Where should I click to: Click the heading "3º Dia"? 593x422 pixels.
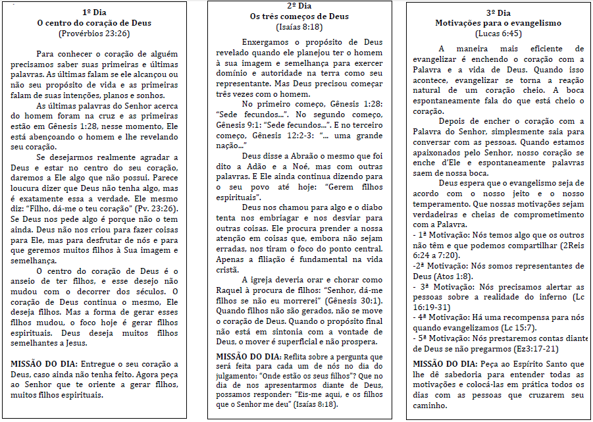coord(498,13)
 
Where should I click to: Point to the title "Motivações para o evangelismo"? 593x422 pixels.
coord(498,23)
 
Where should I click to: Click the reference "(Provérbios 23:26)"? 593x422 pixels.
coord(95,32)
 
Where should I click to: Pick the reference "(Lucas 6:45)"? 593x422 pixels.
coord(498,33)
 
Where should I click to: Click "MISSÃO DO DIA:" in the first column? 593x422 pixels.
coord(44,364)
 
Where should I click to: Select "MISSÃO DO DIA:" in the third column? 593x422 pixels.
coord(445,364)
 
